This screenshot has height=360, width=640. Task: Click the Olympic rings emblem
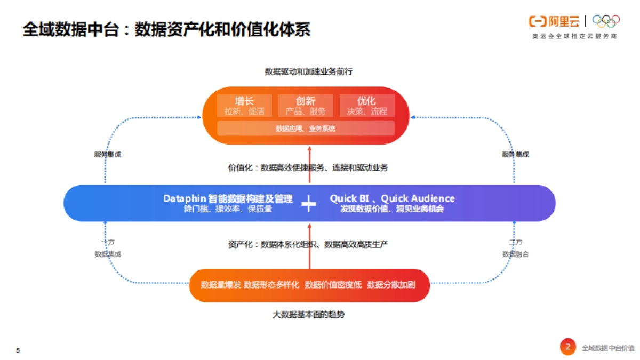(606, 21)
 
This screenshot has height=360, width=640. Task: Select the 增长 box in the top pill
(244, 106)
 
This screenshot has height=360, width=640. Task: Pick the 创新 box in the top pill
(306, 106)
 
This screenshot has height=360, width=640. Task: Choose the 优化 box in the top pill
(367, 106)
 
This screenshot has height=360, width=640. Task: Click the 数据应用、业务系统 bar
(306, 129)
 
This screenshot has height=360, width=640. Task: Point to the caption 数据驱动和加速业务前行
(308, 71)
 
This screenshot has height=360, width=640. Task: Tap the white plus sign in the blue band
(309, 204)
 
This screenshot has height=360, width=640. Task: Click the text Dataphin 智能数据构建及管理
(228, 198)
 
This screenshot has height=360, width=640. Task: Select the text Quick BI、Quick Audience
(392, 198)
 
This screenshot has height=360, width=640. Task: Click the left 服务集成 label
(108, 154)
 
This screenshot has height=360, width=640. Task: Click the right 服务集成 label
(515, 154)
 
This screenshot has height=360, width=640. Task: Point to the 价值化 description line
(308, 167)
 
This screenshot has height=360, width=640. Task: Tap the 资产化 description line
(308, 244)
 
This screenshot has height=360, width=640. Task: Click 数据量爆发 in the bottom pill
(221, 284)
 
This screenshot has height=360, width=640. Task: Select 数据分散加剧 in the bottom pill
(391, 284)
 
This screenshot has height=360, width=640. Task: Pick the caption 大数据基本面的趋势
(308, 315)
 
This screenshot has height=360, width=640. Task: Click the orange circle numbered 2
(568, 347)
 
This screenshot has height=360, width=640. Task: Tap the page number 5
(18, 350)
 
